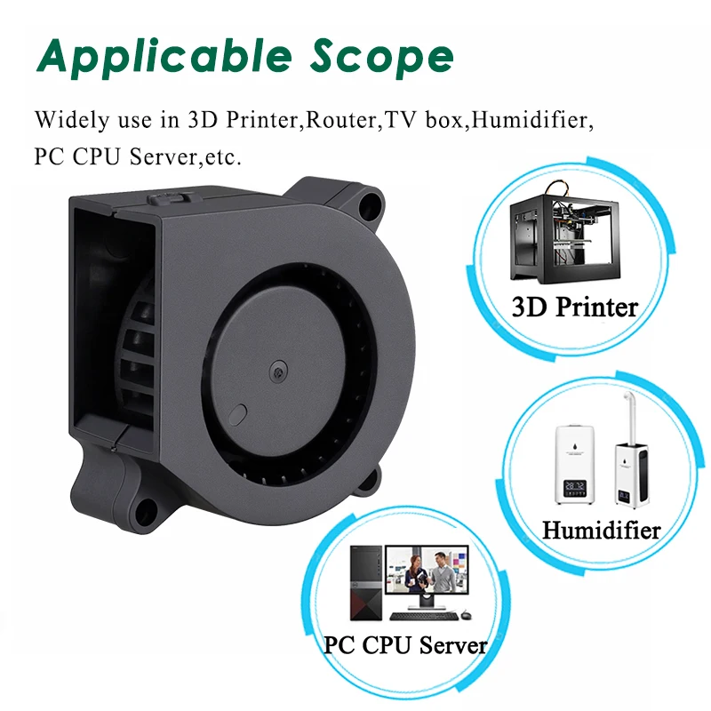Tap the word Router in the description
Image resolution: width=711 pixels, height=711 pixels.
click(x=343, y=119)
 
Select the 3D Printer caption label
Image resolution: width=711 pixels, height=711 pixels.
click(x=574, y=308)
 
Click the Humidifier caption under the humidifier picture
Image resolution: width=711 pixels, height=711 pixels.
click(x=601, y=531)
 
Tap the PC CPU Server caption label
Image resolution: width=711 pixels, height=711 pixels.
click(x=405, y=644)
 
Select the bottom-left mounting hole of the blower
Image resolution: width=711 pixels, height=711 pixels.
click(x=141, y=509)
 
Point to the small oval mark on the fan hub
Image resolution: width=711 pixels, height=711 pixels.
click(x=238, y=414)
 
